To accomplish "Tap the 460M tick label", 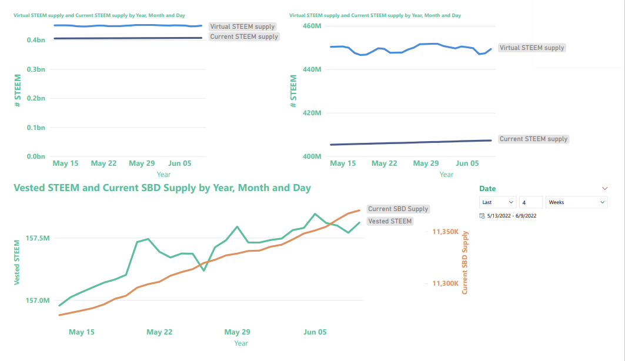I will (310, 26).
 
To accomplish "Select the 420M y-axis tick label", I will (310, 113).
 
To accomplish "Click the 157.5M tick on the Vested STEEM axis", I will (38, 238).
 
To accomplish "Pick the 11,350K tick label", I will (446, 232).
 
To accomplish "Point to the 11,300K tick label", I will (446, 283).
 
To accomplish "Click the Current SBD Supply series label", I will (398, 209).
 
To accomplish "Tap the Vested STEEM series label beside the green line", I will (390, 221).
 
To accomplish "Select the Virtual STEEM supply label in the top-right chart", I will (532, 48).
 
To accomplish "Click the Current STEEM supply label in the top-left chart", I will (244, 36).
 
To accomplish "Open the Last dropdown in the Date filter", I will (498, 202).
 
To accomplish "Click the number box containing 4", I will (530, 202).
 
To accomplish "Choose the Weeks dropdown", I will (576, 202).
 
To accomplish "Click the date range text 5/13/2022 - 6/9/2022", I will (512, 216).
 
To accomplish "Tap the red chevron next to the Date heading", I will (605, 189).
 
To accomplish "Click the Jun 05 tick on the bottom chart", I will (315, 332).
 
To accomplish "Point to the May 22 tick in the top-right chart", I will (385, 163).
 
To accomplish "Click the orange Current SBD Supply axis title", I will (464, 262).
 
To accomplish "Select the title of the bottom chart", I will (162, 188).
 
